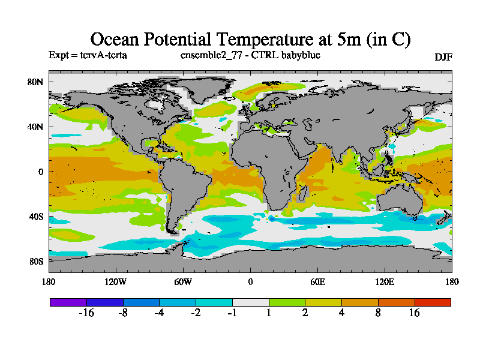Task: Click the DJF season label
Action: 443,57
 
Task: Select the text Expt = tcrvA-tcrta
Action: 87,55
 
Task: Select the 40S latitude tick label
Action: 36,216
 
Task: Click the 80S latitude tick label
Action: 36,261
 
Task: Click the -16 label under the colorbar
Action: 87,313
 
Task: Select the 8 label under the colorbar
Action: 378,313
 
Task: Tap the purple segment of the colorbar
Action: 68,302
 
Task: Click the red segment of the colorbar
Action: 433,302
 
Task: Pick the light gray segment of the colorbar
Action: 251,302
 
